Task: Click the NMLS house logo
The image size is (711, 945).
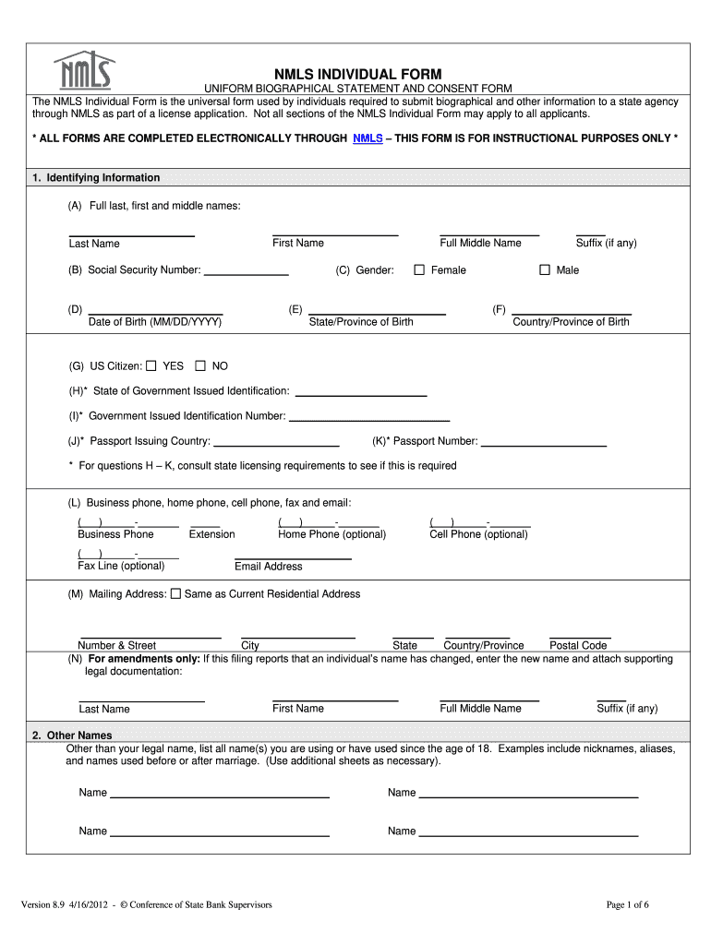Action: click(84, 69)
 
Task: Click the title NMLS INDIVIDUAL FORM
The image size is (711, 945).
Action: click(357, 74)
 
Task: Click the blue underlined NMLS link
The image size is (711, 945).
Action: click(368, 138)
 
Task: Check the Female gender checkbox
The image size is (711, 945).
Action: click(419, 270)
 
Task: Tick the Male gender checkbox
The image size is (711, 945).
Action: click(545, 270)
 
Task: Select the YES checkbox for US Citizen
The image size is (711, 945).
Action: click(152, 365)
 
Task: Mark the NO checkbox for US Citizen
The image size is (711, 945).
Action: click(200, 365)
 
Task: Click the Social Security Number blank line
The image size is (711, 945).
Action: click(246, 273)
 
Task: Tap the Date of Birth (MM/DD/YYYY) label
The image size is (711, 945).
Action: click(154, 322)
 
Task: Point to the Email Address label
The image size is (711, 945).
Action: click(268, 566)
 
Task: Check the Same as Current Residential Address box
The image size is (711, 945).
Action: click(175, 594)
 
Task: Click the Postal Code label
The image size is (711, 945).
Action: click(578, 645)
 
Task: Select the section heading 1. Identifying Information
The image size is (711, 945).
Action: click(96, 178)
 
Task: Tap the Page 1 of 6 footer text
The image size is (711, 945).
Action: click(627, 904)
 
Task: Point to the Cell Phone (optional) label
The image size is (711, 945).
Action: click(478, 534)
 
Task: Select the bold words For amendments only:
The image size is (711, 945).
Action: click(143, 659)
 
